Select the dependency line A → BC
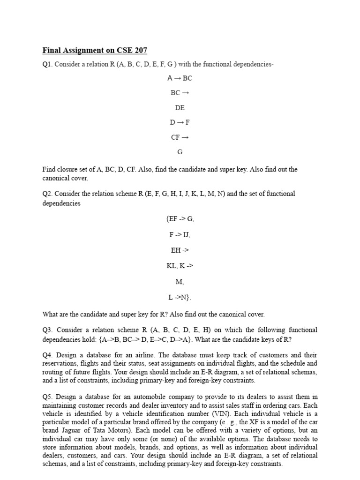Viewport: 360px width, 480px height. pos(180,78)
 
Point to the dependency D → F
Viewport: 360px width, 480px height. pos(180,122)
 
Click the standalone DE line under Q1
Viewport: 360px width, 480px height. pos(180,108)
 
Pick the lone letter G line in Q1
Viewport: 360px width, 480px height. pos(180,152)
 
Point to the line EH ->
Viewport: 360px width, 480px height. pos(180,250)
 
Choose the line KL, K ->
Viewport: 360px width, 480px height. pos(180,266)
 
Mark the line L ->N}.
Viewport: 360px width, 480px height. pos(180,297)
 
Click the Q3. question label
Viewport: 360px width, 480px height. pos(48,330)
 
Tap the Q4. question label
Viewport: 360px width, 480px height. pos(48,355)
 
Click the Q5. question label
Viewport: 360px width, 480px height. pos(48,397)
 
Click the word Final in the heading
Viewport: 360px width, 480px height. pos(52,50)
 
